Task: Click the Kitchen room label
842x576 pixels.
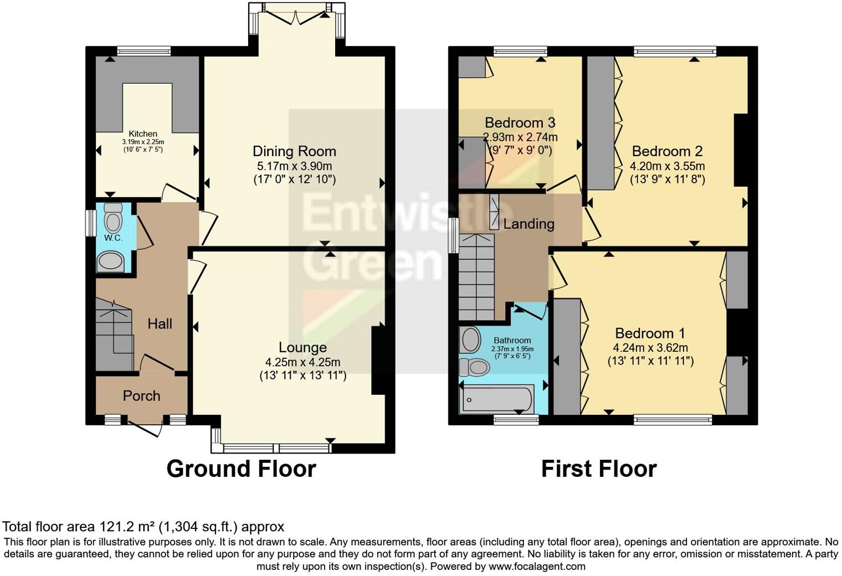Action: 143,134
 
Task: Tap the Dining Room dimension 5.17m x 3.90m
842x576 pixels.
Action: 294,166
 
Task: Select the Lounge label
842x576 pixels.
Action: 302,348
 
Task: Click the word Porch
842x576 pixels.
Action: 142,395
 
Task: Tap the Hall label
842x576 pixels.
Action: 160,324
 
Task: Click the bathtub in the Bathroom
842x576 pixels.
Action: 496,399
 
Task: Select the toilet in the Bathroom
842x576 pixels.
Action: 474,367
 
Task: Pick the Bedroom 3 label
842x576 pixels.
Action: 520,122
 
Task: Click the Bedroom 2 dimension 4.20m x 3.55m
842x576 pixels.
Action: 667,166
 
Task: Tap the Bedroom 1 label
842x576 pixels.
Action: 650,333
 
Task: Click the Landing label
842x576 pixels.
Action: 529,224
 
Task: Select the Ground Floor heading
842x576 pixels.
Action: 242,469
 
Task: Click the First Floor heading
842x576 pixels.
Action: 599,469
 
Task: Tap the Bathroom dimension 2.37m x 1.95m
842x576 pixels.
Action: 512,349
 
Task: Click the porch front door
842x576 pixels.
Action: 145,429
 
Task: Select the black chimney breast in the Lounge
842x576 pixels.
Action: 378,361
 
